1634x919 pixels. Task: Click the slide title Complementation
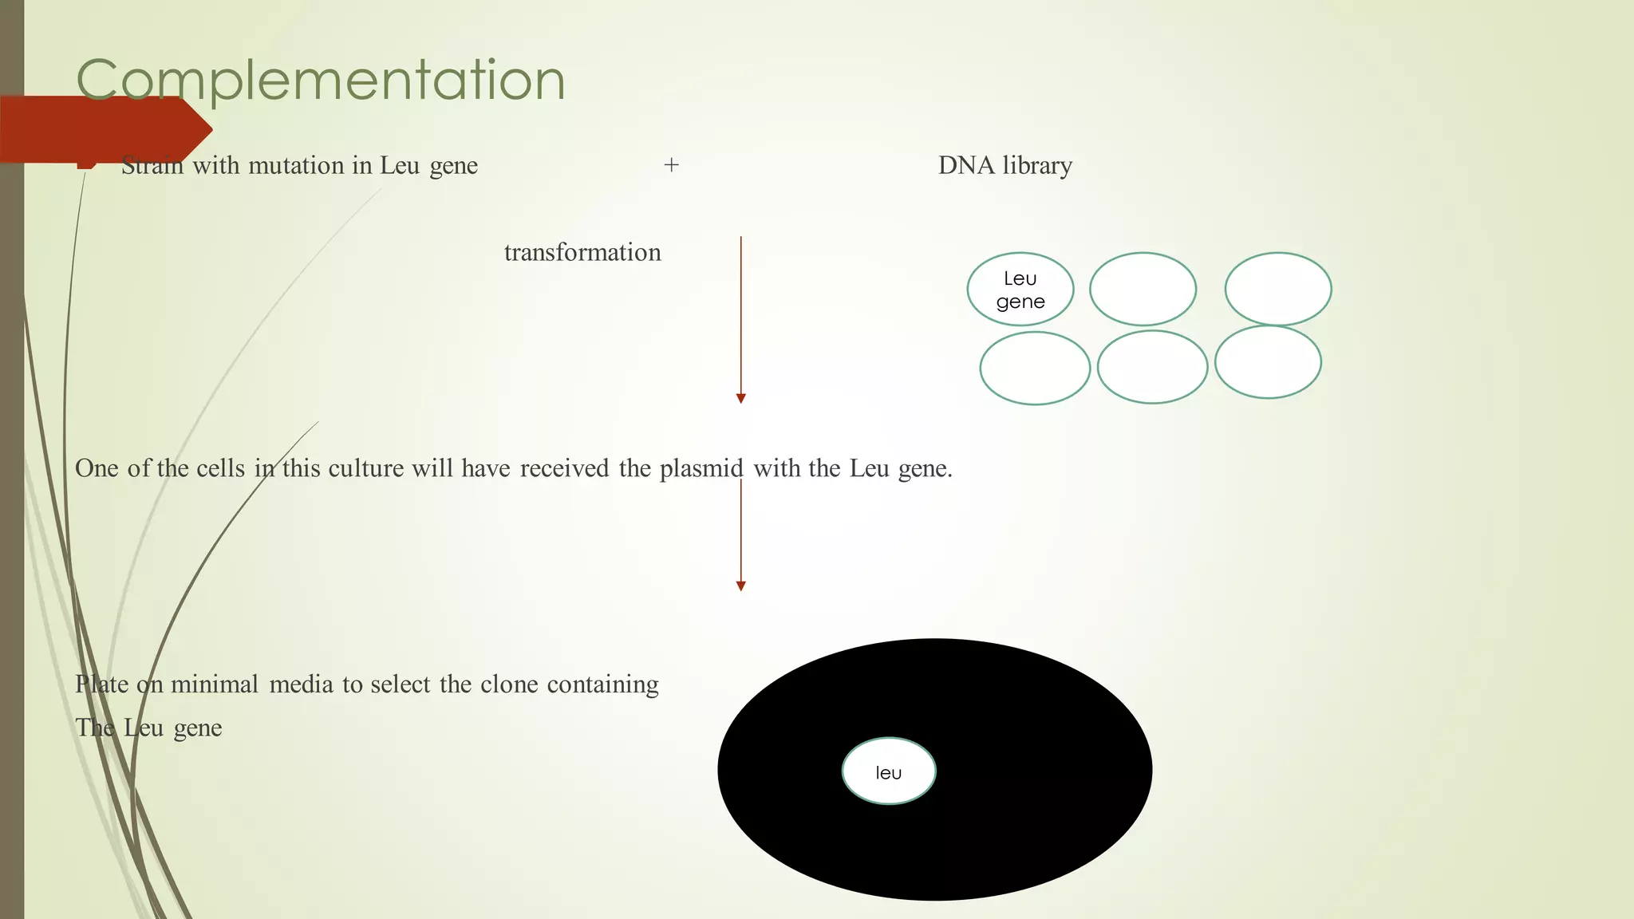[321, 80]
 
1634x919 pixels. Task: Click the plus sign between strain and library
[671, 165]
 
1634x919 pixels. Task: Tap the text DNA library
[1004, 165]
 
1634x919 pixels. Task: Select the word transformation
[582, 252]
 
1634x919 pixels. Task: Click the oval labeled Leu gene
[1020, 290]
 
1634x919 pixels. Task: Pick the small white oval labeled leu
[888, 771]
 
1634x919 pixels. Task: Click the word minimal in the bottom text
[214, 684]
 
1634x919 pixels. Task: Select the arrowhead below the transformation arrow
[740, 398]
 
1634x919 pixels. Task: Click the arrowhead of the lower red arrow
[740, 586]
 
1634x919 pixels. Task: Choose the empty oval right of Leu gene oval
[1143, 290]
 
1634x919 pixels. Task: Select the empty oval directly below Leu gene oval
[1035, 369]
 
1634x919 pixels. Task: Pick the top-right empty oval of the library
[1277, 290]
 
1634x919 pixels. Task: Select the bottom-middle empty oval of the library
[1152, 367]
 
